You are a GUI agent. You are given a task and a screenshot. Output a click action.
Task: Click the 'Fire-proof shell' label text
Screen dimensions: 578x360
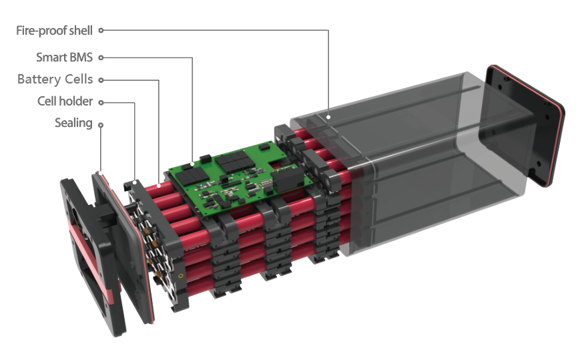click(x=54, y=31)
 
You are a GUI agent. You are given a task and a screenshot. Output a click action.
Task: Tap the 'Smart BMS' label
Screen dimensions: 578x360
click(x=64, y=57)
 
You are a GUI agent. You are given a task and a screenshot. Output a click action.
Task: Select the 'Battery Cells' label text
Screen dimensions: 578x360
click(x=55, y=79)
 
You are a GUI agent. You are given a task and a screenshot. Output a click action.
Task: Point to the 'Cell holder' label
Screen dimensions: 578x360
click(x=65, y=101)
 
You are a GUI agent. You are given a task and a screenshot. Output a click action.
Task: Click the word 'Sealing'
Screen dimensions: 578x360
click(x=73, y=123)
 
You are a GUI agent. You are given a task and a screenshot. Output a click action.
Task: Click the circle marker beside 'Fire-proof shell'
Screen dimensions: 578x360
click(x=101, y=30)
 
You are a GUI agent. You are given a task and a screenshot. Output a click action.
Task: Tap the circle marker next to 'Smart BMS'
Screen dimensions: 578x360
click(x=101, y=57)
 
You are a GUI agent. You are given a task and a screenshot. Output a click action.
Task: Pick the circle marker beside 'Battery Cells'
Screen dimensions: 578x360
click(x=101, y=79)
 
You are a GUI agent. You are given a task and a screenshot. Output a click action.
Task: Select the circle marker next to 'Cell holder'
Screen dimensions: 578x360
click(x=101, y=103)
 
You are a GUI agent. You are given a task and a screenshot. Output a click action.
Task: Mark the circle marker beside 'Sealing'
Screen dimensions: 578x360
click(x=101, y=125)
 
